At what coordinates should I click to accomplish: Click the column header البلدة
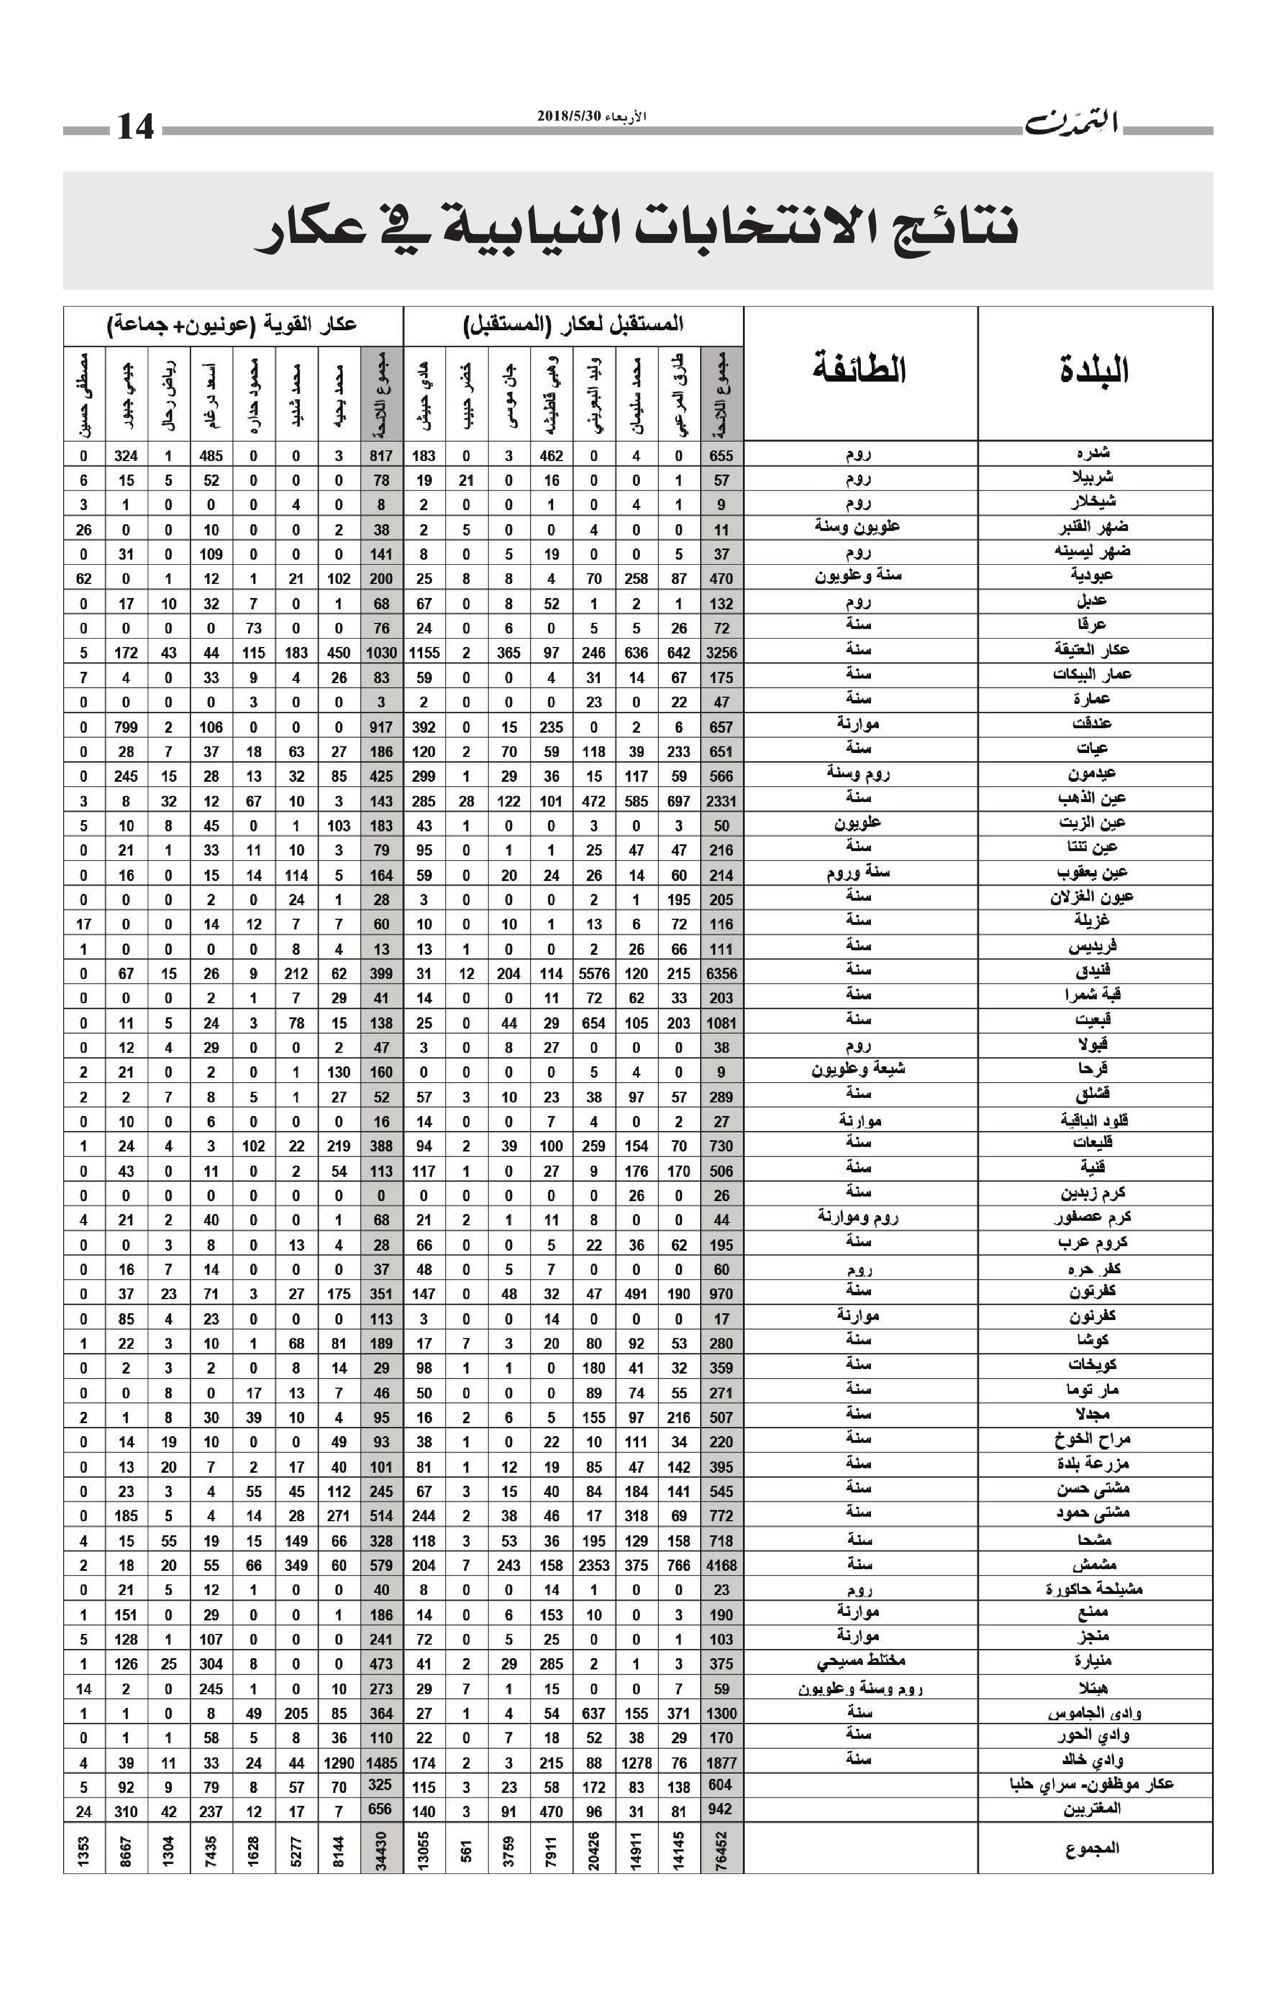pyautogui.click(x=1094, y=370)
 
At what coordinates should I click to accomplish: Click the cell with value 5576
pyautogui.click(x=594, y=973)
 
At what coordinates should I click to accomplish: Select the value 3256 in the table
pyautogui.click(x=721, y=653)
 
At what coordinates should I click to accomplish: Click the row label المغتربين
pyautogui.click(x=1092, y=1809)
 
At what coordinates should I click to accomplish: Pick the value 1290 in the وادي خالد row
pyautogui.click(x=338, y=1762)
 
